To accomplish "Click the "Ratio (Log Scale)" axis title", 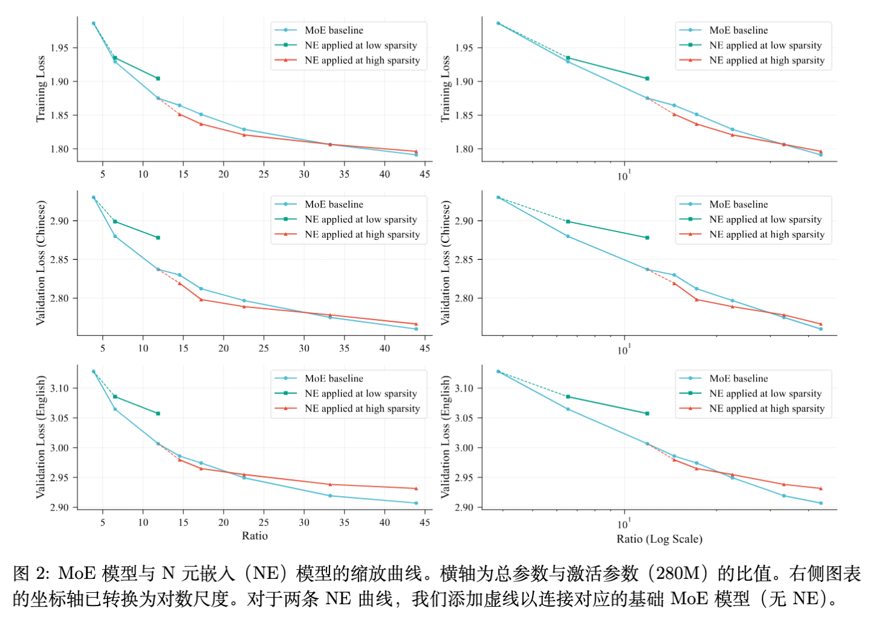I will (659, 539).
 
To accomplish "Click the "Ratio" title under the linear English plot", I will (255, 536).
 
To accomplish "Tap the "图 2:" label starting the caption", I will (31, 573).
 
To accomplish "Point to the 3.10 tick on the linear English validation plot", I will (59, 388).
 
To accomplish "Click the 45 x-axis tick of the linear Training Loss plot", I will (424, 174).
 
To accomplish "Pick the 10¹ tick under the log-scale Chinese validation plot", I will (623, 350).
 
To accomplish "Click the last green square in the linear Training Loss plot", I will (158, 79).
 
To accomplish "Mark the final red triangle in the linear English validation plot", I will (416, 488).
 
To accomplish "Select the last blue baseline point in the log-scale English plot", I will (820, 503).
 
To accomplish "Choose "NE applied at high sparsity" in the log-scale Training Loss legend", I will (767, 60).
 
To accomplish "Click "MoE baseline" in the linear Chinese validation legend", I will (334, 204).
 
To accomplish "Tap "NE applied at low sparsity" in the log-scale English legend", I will (765, 393).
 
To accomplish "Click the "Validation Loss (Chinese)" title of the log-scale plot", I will (446, 263).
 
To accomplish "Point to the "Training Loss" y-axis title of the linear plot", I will (41, 89).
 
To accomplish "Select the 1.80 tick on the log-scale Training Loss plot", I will (464, 149).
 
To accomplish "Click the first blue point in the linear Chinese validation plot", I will (94, 198).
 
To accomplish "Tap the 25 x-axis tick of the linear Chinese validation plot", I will (264, 348).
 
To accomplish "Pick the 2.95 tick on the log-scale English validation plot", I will (464, 478).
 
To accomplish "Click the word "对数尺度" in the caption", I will (190, 599).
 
